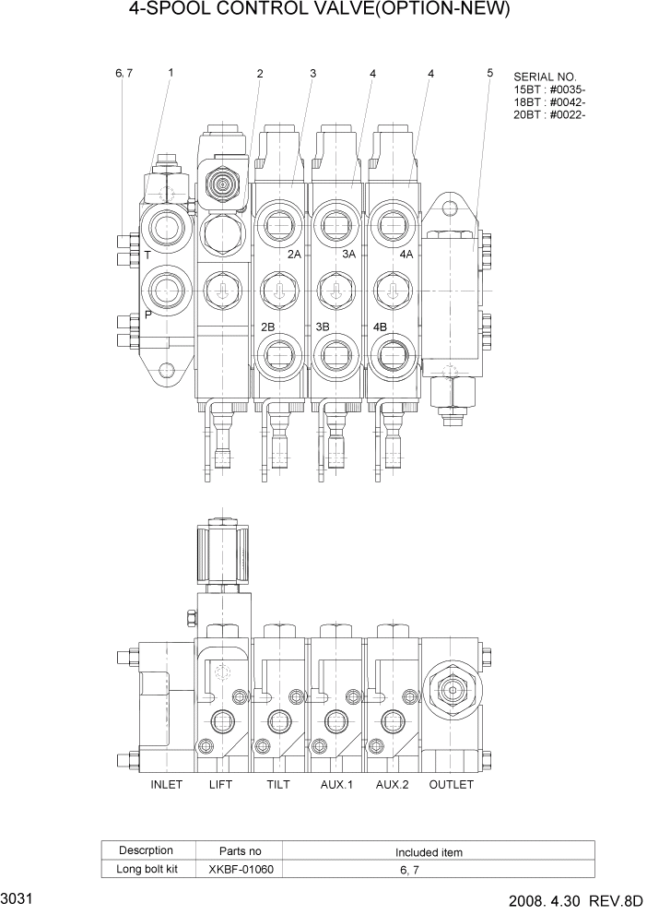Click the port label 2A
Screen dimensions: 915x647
pyautogui.click(x=294, y=254)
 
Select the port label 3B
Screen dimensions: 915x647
pyautogui.click(x=323, y=327)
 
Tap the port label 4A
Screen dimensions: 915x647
pyautogui.click(x=406, y=254)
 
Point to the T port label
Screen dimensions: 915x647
pyautogui.click(x=147, y=253)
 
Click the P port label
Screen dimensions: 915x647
pyautogui.click(x=147, y=315)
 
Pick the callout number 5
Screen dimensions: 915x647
pyautogui.click(x=489, y=73)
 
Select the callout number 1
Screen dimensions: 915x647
pyautogui.click(x=171, y=72)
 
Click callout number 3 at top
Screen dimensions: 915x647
pyautogui.click(x=313, y=73)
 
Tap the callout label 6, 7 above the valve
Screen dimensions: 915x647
pyautogui.click(x=124, y=73)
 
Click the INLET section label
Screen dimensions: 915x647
pyautogui.click(x=166, y=785)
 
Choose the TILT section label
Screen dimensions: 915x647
pyautogui.click(x=278, y=785)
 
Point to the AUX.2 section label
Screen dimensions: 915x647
pyautogui.click(x=394, y=785)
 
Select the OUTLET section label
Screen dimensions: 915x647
pyautogui.click(x=452, y=785)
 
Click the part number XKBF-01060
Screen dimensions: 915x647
pyautogui.click(x=242, y=869)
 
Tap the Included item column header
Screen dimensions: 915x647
pyautogui.click(x=429, y=852)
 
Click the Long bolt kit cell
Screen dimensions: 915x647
pyautogui.click(x=147, y=869)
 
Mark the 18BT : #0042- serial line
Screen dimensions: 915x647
pyautogui.click(x=550, y=101)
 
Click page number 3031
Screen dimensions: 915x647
pyautogui.click(x=18, y=898)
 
